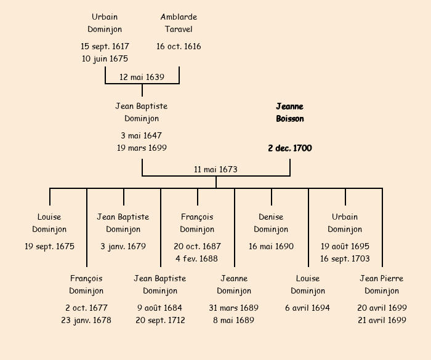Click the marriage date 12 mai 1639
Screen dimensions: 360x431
[142, 77]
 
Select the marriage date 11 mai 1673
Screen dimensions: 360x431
[216, 169]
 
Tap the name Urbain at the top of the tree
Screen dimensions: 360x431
[105, 17]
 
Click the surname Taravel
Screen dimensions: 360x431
[179, 29]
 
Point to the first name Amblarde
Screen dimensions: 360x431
[179, 17]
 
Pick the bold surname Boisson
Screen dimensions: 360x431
[290, 119]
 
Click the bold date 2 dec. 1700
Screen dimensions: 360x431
[290, 148]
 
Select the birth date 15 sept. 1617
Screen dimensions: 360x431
[105, 46]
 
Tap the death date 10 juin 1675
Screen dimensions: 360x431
[105, 58]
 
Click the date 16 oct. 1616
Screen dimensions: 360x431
[179, 46]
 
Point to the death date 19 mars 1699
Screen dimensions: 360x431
[142, 148]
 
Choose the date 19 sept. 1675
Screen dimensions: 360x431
[49, 246]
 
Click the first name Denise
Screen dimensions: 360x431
[271, 217]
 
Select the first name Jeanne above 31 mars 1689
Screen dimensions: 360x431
[234, 278]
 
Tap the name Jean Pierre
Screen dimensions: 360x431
[382, 278]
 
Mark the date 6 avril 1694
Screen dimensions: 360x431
[308, 308]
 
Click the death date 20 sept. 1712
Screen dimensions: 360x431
[160, 320]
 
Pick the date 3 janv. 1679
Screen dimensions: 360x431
[123, 246]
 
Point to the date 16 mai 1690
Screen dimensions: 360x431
[271, 246]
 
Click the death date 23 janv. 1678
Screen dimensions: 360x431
[86, 320]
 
